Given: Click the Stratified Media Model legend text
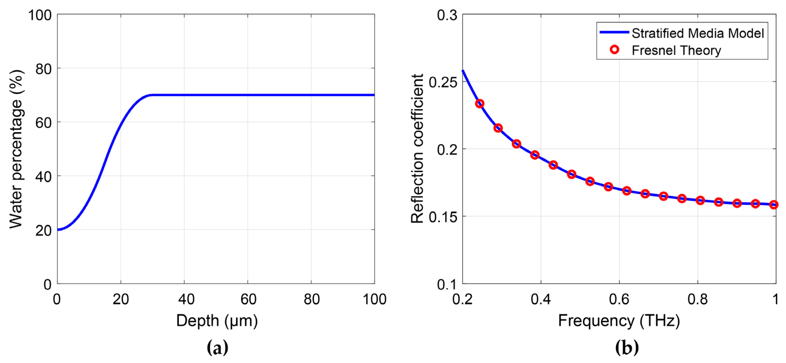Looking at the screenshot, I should pos(698,33).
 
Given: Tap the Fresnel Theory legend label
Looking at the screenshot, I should pos(676,50).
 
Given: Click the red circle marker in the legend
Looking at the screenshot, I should pos(614,50).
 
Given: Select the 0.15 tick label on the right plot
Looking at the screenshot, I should pos(443,217).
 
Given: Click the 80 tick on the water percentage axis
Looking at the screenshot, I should pos(43,69).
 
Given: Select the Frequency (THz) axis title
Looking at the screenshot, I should pos(619,321).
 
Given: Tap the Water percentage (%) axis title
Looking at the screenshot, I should pos(16,149).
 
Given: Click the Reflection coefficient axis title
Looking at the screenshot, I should pos(417,149).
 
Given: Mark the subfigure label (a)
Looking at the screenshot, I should pos(217,348).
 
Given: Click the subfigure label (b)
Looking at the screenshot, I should pos(627,348).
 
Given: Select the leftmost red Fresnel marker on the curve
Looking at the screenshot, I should pos(480,104).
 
